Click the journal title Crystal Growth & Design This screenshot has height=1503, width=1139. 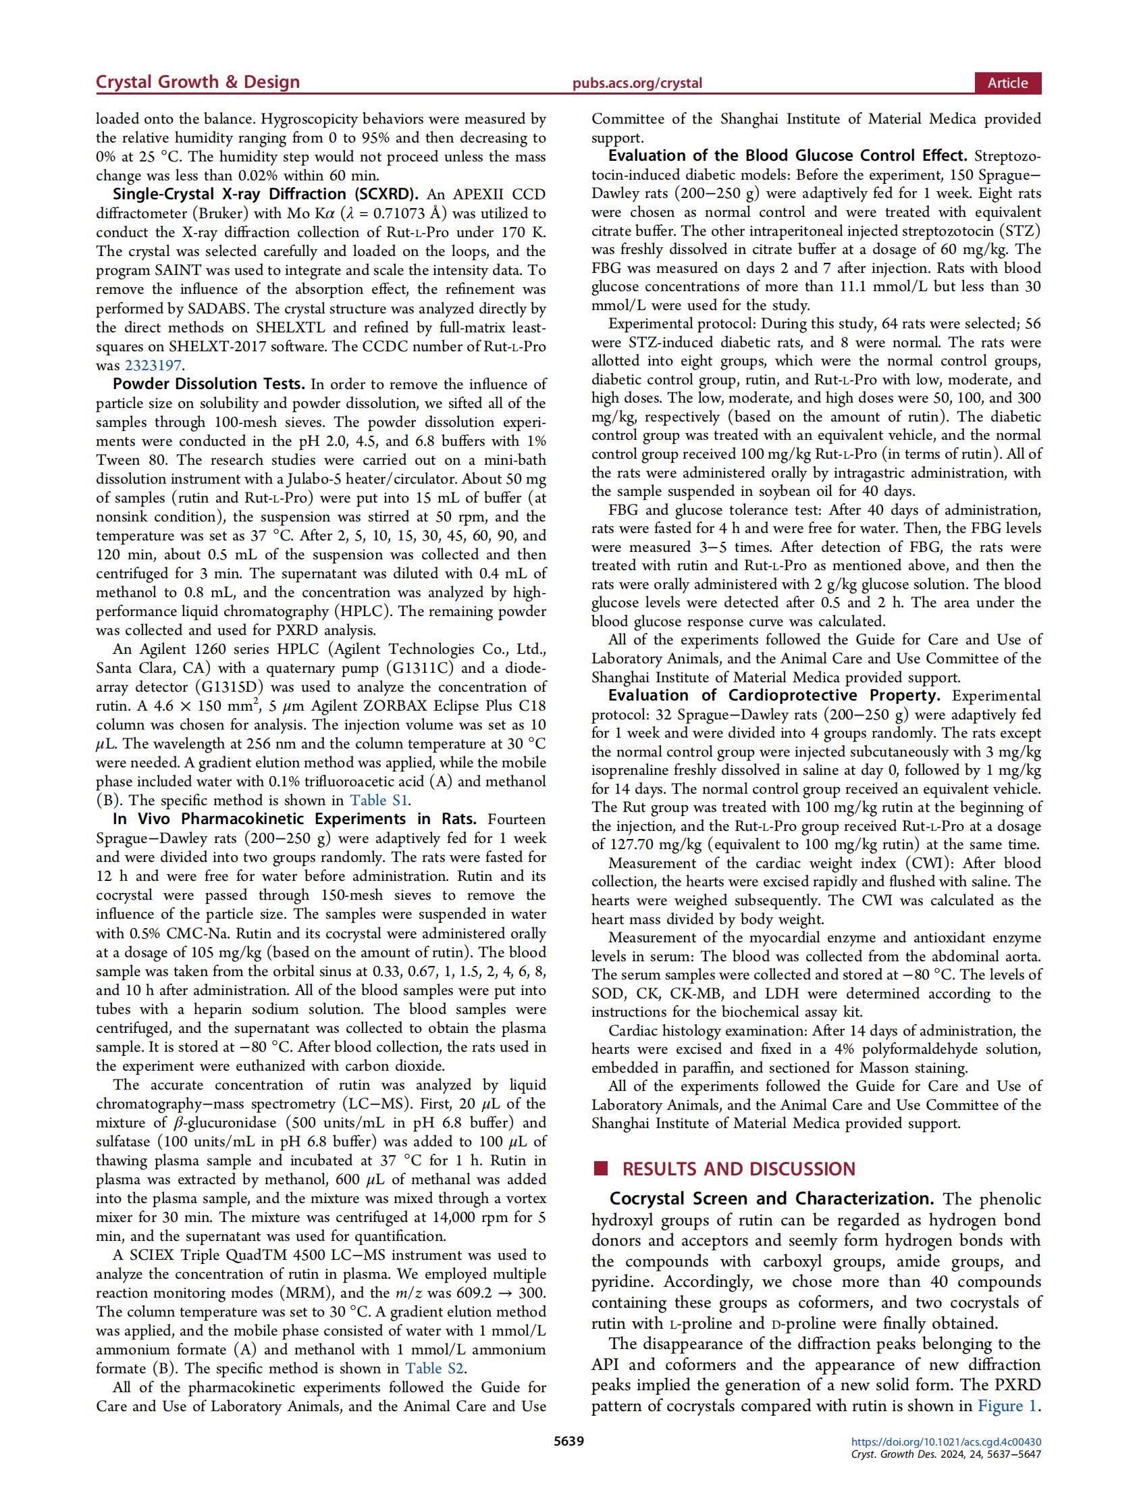pos(198,82)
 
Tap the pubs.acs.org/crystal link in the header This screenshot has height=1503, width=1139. pos(637,84)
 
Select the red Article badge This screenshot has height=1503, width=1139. pos(1007,83)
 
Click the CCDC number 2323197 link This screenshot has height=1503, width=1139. pos(154,365)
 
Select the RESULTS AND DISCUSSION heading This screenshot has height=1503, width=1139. pos(738,1169)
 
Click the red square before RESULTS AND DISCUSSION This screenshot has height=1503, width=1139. pos(600,1169)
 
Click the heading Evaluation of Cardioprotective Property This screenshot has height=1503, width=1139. pos(774,696)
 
